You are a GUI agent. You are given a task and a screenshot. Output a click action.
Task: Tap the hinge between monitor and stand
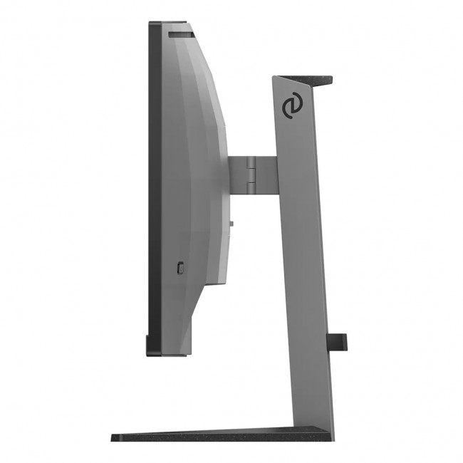(x=251, y=175)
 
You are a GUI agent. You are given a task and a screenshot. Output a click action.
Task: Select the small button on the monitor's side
(x=180, y=268)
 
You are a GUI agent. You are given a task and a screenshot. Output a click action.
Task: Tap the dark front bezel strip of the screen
(x=154, y=185)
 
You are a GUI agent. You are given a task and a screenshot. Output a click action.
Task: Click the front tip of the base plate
(x=115, y=435)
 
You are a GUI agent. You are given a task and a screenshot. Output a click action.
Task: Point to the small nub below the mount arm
(x=231, y=224)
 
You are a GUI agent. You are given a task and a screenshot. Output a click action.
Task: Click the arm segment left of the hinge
(x=236, y=175)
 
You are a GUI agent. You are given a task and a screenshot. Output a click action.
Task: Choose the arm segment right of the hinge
(x=266, y=175)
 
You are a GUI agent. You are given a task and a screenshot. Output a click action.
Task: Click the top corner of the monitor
(x=152, y=24)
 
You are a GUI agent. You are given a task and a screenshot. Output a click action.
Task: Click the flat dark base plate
(x=214, y=435)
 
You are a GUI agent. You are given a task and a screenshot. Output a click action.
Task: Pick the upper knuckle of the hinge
(x=251, y=166)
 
